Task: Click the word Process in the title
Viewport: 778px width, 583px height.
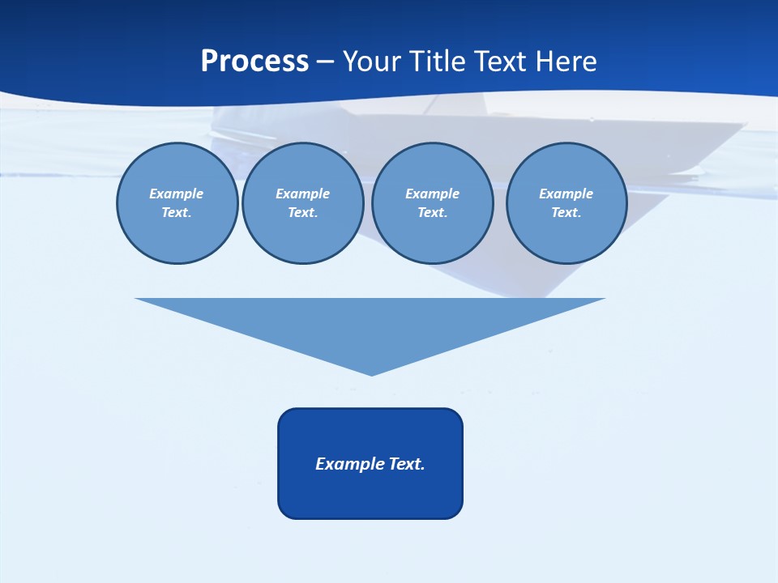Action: tap(254, 62)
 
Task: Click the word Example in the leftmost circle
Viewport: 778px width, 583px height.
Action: tap(177, 194)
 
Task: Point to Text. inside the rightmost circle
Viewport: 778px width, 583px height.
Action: tap(566, 213)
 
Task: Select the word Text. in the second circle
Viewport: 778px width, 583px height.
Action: tap(302, 213)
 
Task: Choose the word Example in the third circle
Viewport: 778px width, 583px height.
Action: tap(432, 194)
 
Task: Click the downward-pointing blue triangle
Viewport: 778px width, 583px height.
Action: tap(370, 324)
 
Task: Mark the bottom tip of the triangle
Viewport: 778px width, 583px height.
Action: tap(371, 374)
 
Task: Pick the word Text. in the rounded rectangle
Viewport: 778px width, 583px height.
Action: tap(407, 464)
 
